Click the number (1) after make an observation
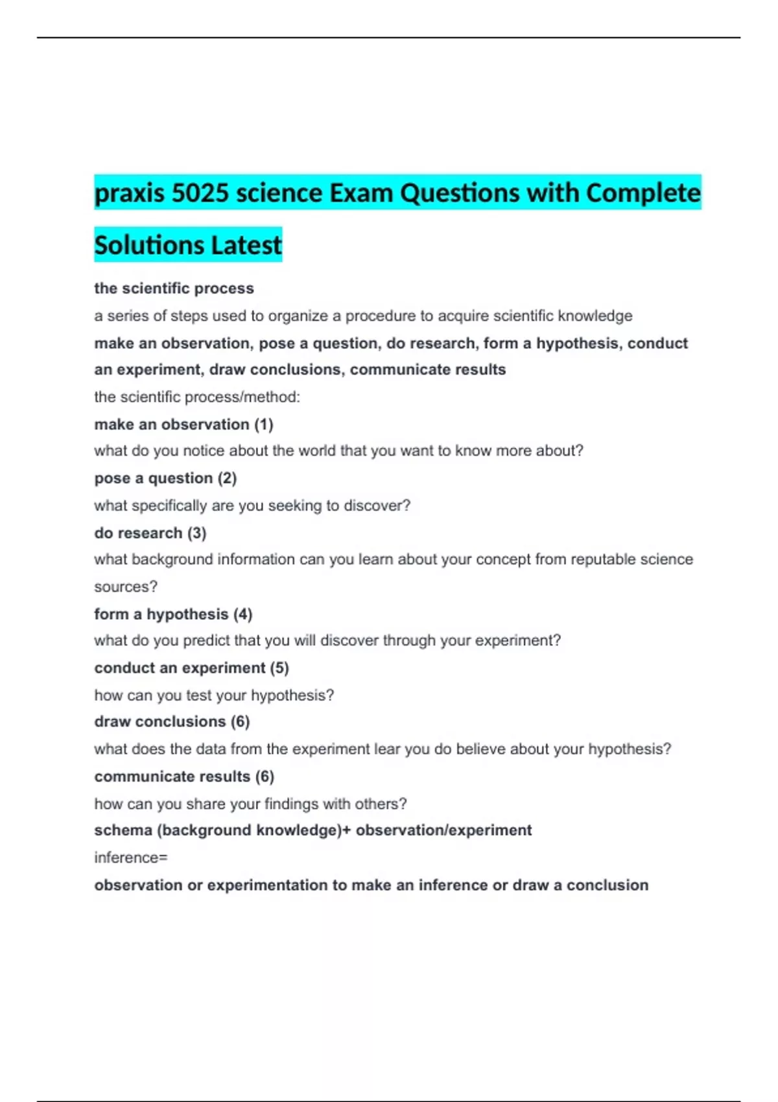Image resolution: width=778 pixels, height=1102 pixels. (x=263, y=425)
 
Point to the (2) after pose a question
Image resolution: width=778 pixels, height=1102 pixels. (x=227, y=478)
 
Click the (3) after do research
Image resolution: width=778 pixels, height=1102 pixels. (x=196, y=533)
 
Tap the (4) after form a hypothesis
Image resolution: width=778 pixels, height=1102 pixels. (x=242, y=614)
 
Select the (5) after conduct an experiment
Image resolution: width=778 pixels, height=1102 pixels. (x=279, y=668)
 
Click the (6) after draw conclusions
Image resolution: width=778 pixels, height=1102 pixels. (x=240, y=721)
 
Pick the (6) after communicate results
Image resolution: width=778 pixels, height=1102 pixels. (x=265, y=776)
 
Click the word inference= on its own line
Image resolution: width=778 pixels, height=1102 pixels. (x=131, y=858)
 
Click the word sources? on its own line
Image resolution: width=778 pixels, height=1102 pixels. (x=126, y=587)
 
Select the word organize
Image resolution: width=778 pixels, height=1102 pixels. (x=298, y=316)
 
